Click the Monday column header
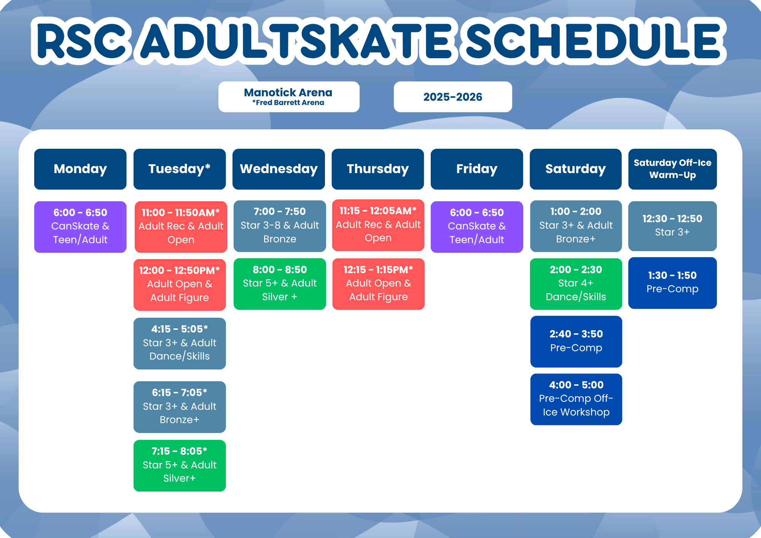point(80,169)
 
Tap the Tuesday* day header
point(180,169)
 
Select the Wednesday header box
point(279,169)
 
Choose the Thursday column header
point(378,169)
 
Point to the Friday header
point(477,169)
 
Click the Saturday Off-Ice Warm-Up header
point(672,169)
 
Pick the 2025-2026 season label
point(453,97)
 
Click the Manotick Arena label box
point(289,97)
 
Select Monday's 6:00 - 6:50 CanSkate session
point(80,227)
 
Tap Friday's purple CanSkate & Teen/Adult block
point(477,227)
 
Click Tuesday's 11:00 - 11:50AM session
point(181,227)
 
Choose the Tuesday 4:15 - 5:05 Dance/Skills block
point(180,343)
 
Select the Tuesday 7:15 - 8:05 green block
point(180,466)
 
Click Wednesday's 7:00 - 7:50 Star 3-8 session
point(280,226)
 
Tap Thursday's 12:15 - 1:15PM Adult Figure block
point(378,284)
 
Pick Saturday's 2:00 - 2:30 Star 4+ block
point(576,284)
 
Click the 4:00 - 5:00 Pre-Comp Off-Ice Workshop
point(576,399)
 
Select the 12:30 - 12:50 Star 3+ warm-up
point(672,226)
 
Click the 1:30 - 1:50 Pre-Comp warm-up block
point(672,283)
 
